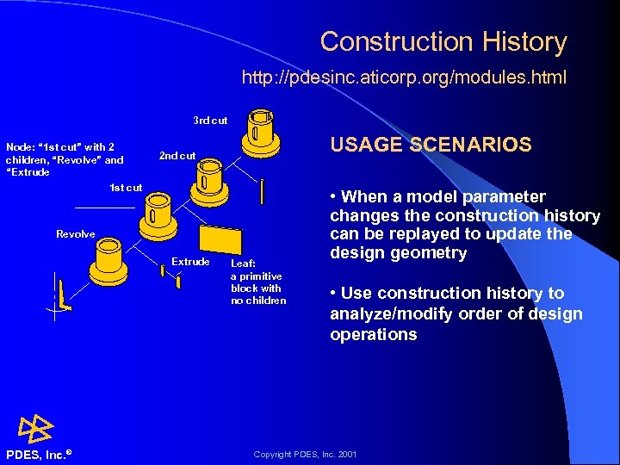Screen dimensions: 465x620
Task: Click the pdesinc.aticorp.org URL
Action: coord(404,78)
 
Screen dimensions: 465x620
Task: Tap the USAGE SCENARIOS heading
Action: coord(431,145)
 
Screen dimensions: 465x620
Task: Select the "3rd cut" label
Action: coord(210,121)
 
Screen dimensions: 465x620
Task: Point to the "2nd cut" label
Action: coord(177,156)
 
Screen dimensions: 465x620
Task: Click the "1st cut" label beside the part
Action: coord(126,188)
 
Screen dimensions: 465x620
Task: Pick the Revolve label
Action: coord(76,234)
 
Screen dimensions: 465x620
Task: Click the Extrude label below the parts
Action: coord(190,261)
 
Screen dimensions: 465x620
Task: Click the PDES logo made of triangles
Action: coord(35,428)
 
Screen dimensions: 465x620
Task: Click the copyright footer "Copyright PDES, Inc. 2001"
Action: coord(305,454)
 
